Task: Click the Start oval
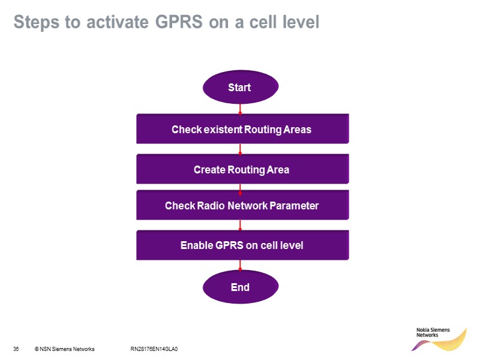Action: [240, 88]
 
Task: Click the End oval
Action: [240, 287]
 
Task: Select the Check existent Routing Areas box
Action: [242, 129]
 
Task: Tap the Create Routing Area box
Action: [242, 170]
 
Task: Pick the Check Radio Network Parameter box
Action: [242, 206]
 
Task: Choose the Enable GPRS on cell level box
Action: [242, 245]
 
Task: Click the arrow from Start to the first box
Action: [240, 109]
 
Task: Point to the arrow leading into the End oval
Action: [240, 266]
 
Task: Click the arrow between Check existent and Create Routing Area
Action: [240, 149]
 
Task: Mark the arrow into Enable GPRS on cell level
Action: [240, 226]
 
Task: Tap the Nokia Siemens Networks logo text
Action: [427, 332]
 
